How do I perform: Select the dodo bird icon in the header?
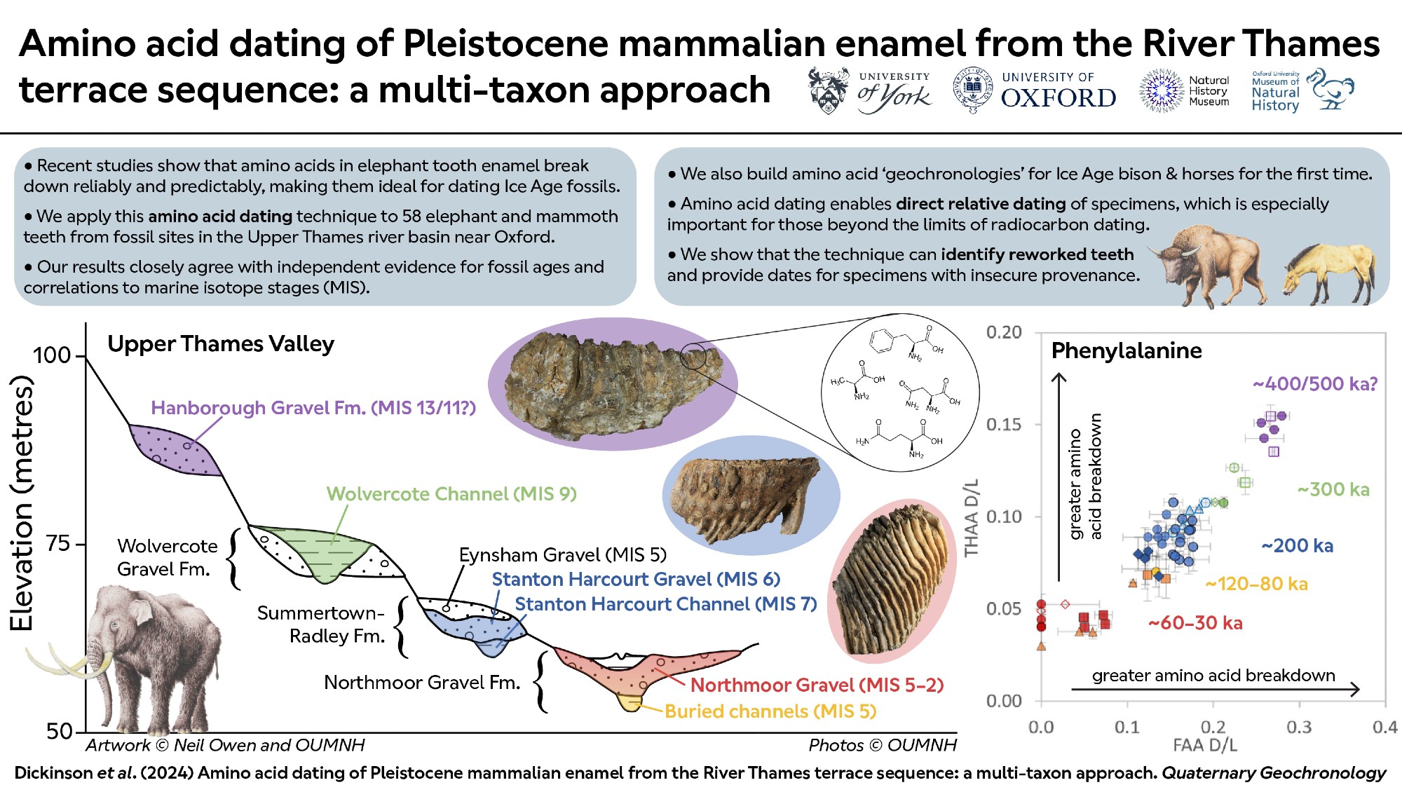[1332, 90]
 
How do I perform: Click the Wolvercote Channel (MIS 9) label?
[451, 494]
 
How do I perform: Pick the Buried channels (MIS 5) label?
[770, 711]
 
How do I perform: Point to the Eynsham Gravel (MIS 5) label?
[562, 555]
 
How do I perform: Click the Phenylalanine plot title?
[1127, 350]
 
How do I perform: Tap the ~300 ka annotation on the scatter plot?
[1333, 489]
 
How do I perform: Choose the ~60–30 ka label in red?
[1195, 623]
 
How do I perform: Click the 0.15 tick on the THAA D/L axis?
[1004, 425]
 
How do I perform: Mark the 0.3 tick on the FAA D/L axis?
[1299, 727]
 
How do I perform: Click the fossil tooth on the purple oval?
[613, 382]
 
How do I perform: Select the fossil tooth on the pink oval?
[890, 582]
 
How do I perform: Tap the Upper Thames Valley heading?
[221, 344]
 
